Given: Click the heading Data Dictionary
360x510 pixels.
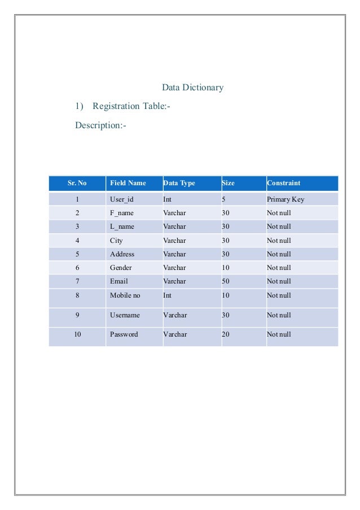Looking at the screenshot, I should pyautogui.click(x=192, y=88).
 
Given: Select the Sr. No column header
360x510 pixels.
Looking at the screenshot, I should pyautogui.click(x=77, y=183).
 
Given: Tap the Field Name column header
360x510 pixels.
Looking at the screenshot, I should pyautogui.click(x=128, y=183).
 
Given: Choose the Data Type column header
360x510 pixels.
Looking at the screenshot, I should pyautogui.click(x=179, y=183).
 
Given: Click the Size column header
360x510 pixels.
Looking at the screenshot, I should pyautogui.click(x=229, y=183).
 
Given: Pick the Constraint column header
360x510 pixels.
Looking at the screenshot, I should pyautogui.click(x=283, y=183).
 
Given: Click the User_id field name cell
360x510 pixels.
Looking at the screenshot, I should pyautogui.click(x=122, y=199).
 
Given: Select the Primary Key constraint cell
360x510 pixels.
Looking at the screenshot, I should pyautogui.click(x=286, y=199).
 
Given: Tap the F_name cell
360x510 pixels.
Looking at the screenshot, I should pyautogui.click(x=122, y=213).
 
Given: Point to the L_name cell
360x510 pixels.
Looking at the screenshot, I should pyautogui.click(x=122, y=226).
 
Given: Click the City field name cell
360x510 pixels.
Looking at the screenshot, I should pyautogui.click(x=116, y=241).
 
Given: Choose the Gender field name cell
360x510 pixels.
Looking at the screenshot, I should pyautogui.click(x=120, y=268).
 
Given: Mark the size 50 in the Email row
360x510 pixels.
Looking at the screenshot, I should pyautogui.click(x=226, y=281).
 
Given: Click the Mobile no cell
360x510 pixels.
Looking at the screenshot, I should pyautogui.click(x=125, y=295).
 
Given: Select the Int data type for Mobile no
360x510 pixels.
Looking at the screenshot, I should pyautogui.click(x=168, y=295).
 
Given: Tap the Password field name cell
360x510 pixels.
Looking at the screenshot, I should pyautogui.click(x=124, y=334).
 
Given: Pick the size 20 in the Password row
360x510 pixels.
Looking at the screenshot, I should pyautogui.click(x=226, y=334).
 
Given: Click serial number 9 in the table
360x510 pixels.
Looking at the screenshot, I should pyautogui.click(x=77, y=315).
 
